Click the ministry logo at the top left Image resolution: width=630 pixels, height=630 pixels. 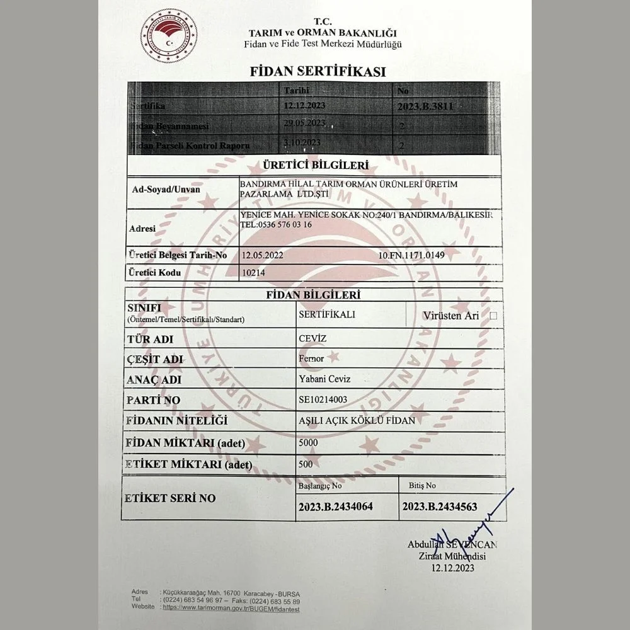[x=168, y=35]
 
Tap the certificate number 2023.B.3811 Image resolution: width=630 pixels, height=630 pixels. [x=425, y=106]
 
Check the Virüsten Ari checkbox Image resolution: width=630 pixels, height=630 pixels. [x=493, y=316]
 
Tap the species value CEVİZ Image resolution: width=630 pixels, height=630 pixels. [x=312, y=338]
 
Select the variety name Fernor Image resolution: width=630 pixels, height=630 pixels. [x=311, y=358]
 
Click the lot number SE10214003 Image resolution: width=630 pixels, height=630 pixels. [x=323, y=399]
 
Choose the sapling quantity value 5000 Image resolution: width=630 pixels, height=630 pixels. [x=309, y=442]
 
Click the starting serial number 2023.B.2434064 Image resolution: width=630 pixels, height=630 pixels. [x=336, y=506]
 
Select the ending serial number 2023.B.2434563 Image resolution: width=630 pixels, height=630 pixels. [x=440, y=506]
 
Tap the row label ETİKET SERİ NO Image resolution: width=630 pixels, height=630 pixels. [x=170, y=498]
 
